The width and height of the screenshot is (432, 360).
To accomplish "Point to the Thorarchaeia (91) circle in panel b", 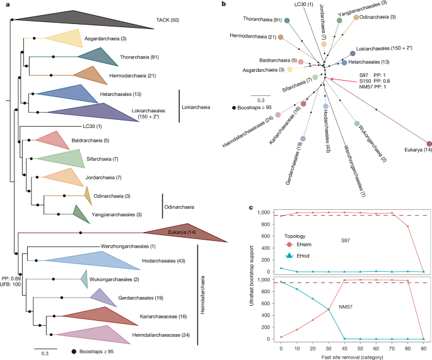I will (x=288, y=21).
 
